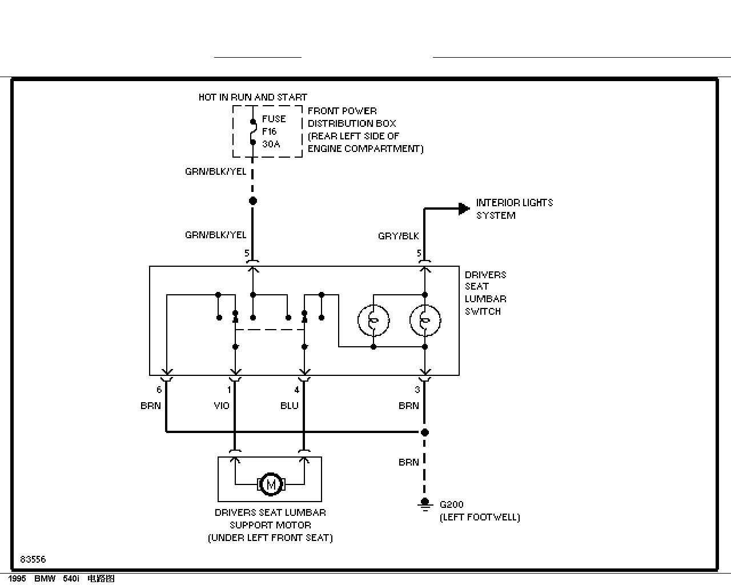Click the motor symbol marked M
click(271, 484)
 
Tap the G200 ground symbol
click(425, 505)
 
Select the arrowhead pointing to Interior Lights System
click(464, 209)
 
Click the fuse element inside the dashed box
click(253, 132)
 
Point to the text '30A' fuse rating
click(271, 144)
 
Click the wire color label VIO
click(222, 406)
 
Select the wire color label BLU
click(290, 406)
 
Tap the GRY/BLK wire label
click(399, 236)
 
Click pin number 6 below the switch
click(159, 390)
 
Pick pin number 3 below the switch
click(417, 390)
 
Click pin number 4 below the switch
click(296, 390)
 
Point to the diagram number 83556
click(33, 559)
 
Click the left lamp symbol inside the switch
click(373, 320)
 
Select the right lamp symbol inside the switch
click(425, 320)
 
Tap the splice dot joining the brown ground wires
click(424, 432)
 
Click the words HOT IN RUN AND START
click(253, 97)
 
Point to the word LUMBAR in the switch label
click(485, 299)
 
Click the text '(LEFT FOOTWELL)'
click(480, 518)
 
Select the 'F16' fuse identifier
click(270, 131)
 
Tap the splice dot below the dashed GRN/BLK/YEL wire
click(253, 201)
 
